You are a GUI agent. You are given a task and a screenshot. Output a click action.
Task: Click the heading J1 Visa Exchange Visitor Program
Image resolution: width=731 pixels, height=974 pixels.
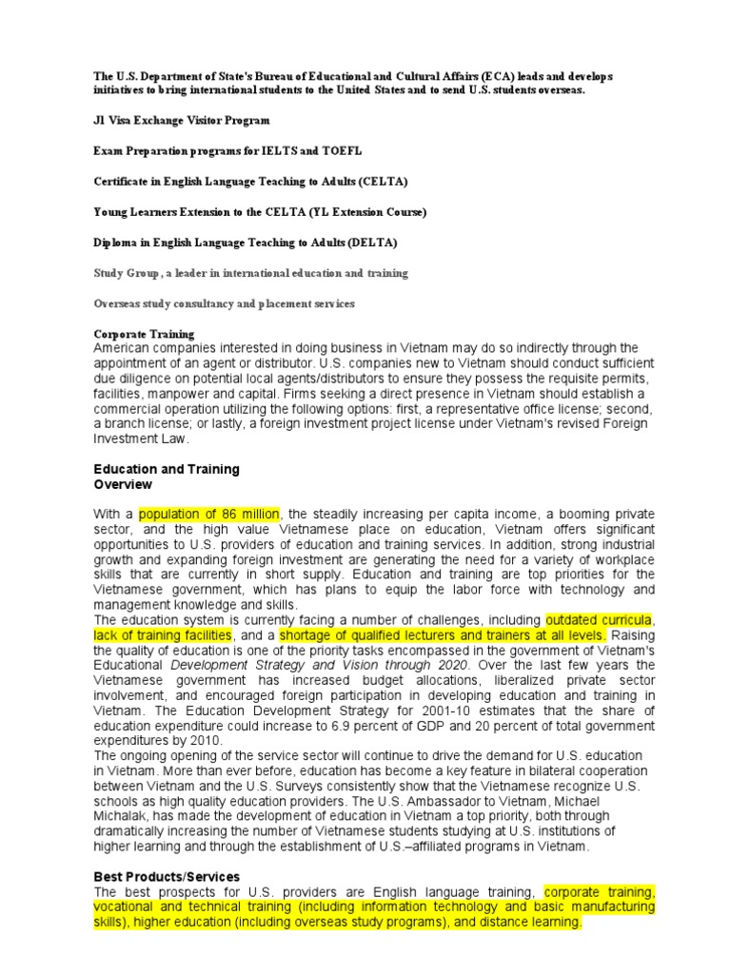[x=181, y=121]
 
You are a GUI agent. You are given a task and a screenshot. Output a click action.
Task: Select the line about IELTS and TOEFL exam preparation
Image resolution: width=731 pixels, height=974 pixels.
[x=227, y=151]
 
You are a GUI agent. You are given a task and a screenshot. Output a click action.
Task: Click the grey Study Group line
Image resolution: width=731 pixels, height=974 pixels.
[x=250, y=273]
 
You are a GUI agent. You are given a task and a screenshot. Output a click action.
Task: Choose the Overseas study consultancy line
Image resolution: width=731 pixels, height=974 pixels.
[x=224, y=303]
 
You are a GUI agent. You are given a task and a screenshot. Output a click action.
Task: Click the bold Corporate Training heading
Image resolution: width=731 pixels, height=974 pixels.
[x=144, y=334]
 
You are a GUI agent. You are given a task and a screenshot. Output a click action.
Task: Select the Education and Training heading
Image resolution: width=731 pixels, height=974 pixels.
[x=166, y=470]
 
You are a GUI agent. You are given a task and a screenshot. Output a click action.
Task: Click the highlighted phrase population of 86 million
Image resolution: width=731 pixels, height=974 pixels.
[x=209, y=515]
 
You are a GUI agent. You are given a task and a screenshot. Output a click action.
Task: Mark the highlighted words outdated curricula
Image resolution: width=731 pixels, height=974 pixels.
[x=598, y=620]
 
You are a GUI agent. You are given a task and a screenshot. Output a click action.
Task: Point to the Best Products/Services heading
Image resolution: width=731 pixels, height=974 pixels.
[x=166, y=876]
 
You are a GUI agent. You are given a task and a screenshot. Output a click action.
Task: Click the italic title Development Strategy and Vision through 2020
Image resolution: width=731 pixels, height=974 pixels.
[x=319, y=665]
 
